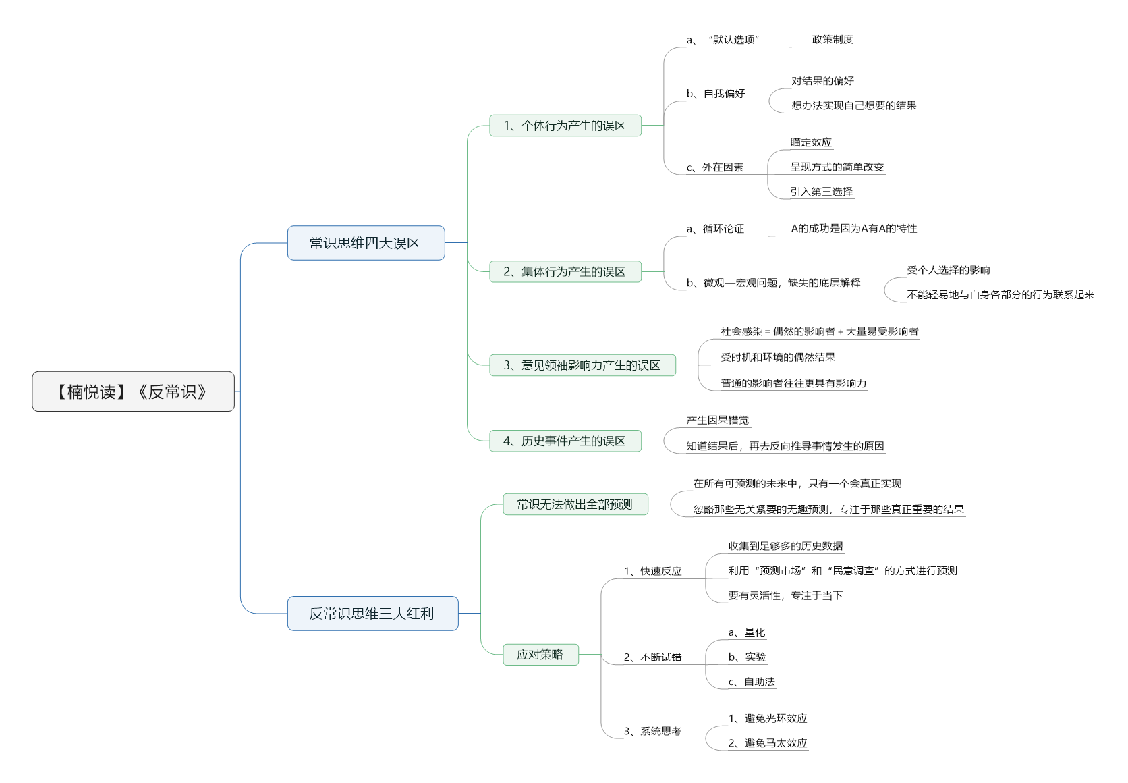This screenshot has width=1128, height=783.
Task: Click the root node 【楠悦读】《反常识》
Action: pyautogui.click(x=133, y=391)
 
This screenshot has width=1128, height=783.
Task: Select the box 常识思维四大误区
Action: pyautogui.click(x=366, y=243)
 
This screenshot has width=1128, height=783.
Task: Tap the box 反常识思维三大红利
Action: pyautogui.click(x=372, y=614)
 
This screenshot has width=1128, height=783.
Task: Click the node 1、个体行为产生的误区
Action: pyautogui.click(x=565, y=126)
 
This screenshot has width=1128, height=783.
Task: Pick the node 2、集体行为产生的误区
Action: pyautogui.click(x=565, y=271)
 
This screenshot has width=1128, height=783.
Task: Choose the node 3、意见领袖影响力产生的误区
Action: pyautogui.click(x=582, y=365)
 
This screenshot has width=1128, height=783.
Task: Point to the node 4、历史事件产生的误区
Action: pyautogui.click(x=565, y=441)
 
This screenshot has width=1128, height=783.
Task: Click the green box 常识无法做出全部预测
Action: pyautogui.click(x=575, y=504)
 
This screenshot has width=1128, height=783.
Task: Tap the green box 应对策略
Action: pyautogui.click(x=540, y=655)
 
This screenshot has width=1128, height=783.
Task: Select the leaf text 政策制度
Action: pyautogui.click(x=833, y=40)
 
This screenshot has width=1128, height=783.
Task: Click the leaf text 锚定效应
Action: pyautogui.click(x=811, y=142)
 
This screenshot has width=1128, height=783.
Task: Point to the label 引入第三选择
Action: pyautogui.click(x=821, y=192)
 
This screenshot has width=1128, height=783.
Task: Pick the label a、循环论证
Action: pyautogui.click(x=715, y=229)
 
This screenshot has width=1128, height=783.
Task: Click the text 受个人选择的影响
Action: pyautogui.click(x=948, y=270)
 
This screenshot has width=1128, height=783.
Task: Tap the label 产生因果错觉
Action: pyautogui.click(x=717, y=421)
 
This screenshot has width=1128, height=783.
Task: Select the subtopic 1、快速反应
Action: pyautogui.click(x=652, y=571)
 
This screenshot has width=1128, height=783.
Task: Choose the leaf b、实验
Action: pyautogui.click(x=747, y=657)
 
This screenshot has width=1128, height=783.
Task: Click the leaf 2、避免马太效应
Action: pyautogui.click(x=767, y=743)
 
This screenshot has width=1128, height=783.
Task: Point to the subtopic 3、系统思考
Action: pyautogui.click(x=652, y=731)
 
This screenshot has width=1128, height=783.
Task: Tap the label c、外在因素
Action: pyautogui.click(x=714, y=167)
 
